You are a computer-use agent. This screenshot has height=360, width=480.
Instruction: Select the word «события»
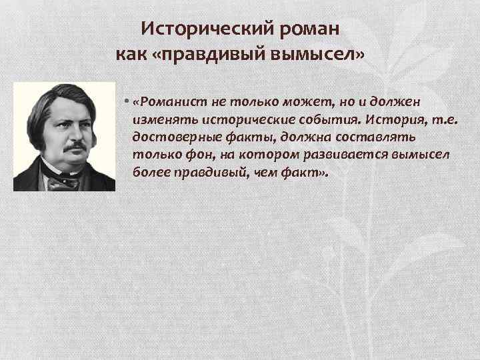click(x=310, y=119)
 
